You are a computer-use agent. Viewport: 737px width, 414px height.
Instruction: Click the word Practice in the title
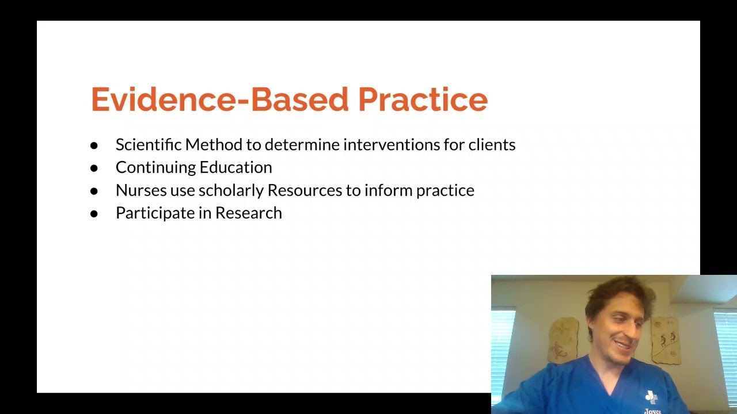423,100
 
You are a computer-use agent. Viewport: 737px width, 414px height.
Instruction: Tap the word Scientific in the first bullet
148,145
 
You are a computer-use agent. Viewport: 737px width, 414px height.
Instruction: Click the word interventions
392,145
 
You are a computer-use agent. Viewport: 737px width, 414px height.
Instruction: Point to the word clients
492,145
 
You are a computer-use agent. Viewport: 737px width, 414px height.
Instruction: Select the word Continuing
153,168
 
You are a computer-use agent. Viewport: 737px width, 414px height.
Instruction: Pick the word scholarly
230,190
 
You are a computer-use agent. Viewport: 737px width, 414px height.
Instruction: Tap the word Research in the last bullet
248,213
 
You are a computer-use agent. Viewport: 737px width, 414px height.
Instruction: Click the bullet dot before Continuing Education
94,168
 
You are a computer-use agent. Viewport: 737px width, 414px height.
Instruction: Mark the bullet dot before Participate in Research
94,213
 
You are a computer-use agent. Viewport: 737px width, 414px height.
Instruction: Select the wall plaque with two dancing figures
666,339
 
